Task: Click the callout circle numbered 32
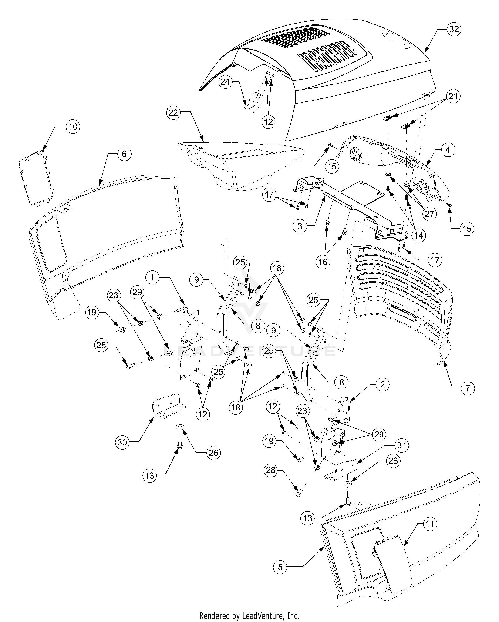454,29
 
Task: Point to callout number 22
173,113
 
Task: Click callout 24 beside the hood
225,82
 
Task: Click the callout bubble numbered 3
300,226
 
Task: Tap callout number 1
153,278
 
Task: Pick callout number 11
430,524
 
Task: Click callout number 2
382,385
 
